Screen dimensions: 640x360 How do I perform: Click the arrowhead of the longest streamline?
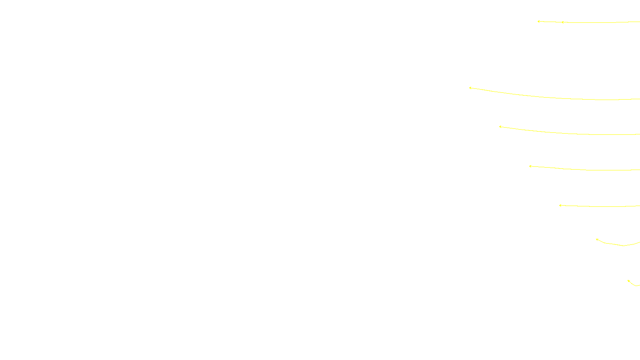[x=470, y=88]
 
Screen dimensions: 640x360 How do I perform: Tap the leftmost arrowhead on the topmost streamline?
[x=538, y=21]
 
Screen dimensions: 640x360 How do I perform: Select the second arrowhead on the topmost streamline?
[x=562, y=22]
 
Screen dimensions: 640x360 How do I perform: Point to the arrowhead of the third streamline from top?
[x=500, y=126]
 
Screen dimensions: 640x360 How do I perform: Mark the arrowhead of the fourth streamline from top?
[x=530, y=166]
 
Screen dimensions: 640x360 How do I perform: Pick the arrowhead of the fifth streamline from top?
[x=560, y=205]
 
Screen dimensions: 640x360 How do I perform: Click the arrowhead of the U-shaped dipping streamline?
[x=597, y=240]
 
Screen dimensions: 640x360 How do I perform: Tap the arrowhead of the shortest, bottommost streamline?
[x=628, y=281]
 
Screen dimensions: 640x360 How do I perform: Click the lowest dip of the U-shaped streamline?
[x=623, y=245]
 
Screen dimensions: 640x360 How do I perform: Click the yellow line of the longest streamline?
[x=560, y=97]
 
